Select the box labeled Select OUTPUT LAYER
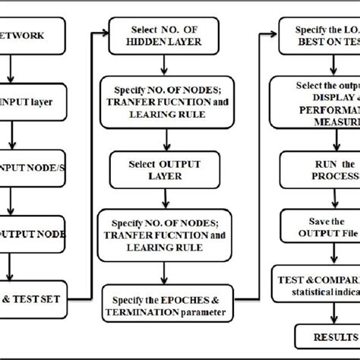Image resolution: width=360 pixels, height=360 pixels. pyautogui.click(x=156, y=168)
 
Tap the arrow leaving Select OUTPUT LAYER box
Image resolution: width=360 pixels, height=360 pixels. pyautogui.click(x=155, y=195)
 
